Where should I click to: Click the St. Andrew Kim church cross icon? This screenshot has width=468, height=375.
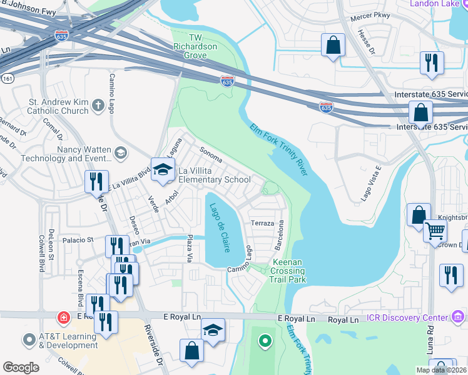98,106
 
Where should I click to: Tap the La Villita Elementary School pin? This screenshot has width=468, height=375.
163,171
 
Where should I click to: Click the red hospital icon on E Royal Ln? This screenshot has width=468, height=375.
63,318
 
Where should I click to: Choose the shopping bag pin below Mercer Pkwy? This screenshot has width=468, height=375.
333,45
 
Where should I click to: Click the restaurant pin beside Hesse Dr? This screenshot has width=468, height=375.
432,62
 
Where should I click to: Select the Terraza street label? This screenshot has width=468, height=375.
262,223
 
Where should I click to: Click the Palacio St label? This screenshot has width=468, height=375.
77,239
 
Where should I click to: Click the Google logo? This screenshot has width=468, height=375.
21,367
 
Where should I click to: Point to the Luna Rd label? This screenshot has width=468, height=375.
431,340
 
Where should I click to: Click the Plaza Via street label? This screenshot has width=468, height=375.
189,249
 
